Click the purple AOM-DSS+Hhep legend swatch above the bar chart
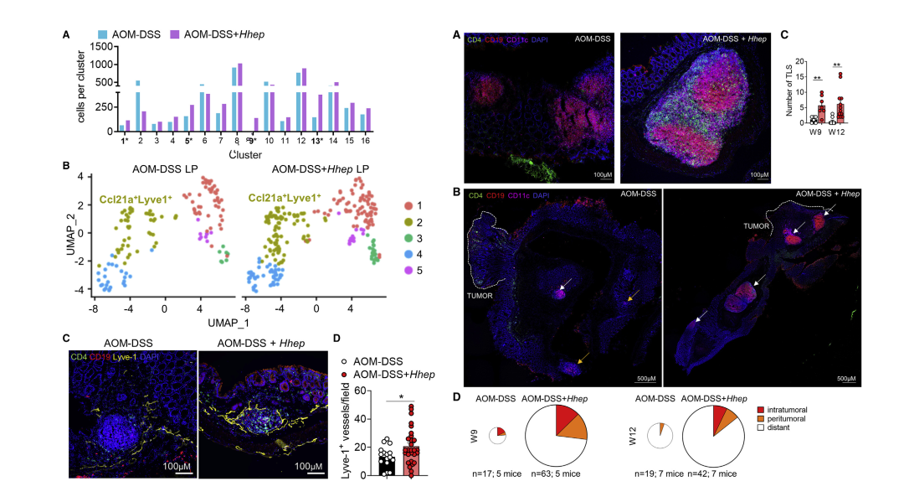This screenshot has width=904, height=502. click(174, 34)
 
